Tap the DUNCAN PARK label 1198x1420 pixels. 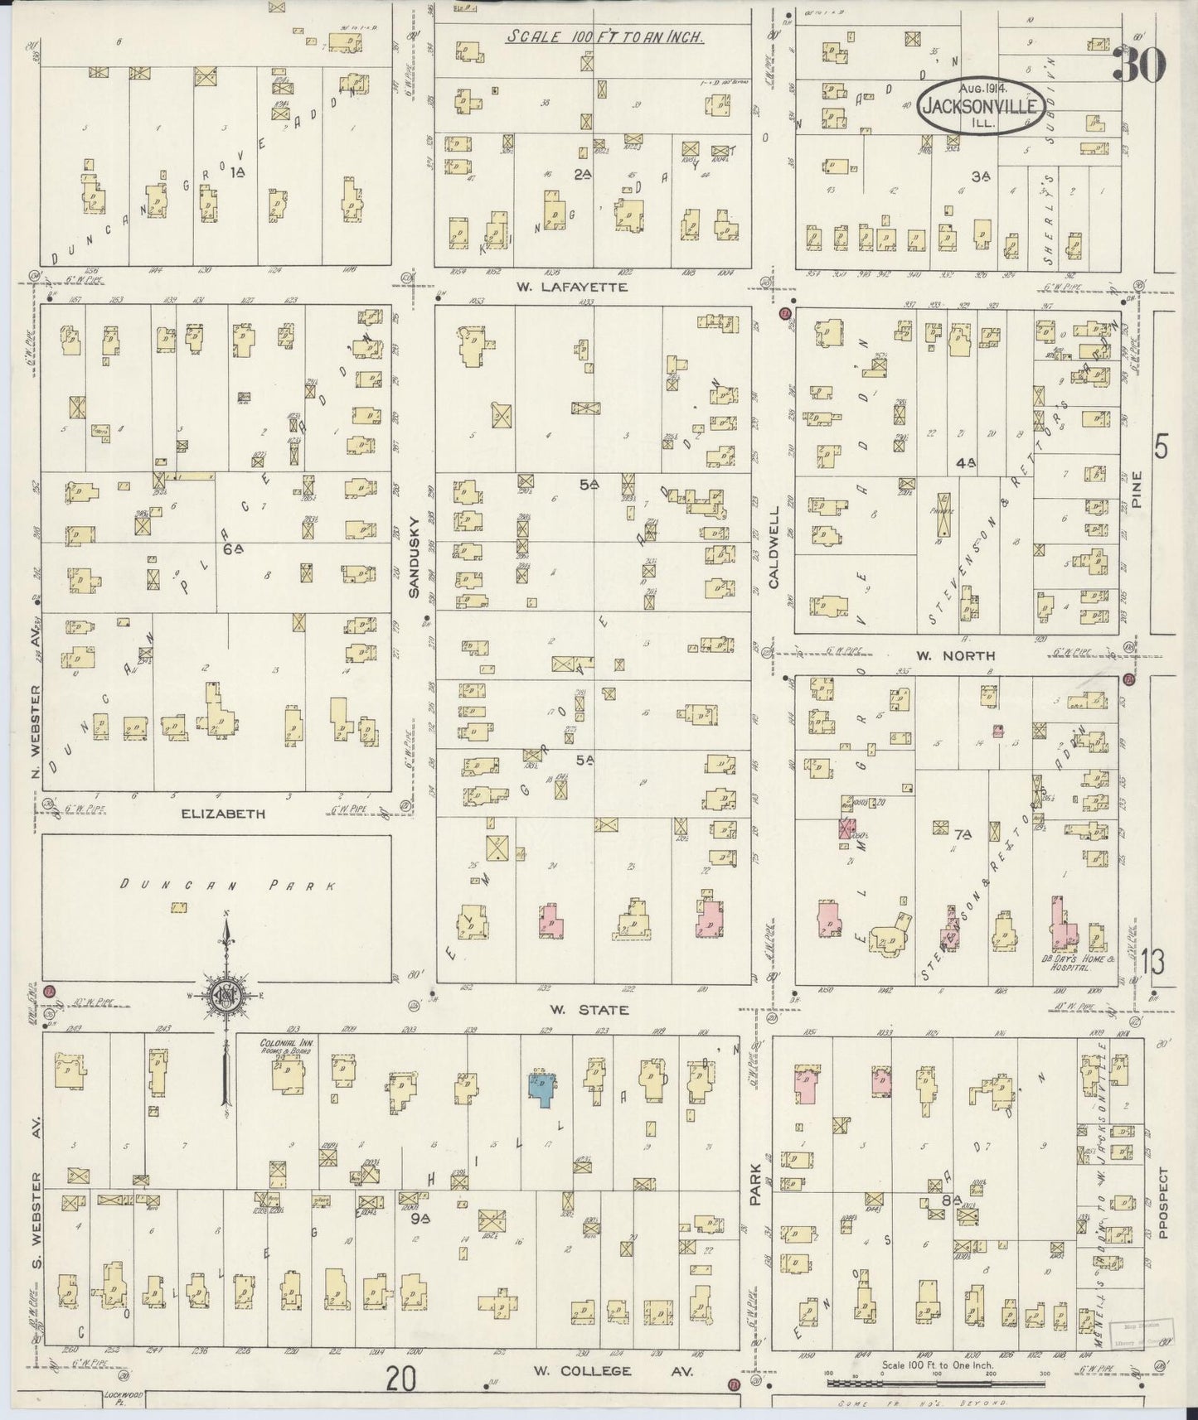[226, 886]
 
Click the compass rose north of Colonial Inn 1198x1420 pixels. [226, 997]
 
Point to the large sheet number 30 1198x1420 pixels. [1139, 65]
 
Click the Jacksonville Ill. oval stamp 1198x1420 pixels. [979, 107]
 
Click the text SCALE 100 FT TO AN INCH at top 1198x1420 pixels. [606, 37]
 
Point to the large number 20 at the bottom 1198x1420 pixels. [401, 1380]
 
